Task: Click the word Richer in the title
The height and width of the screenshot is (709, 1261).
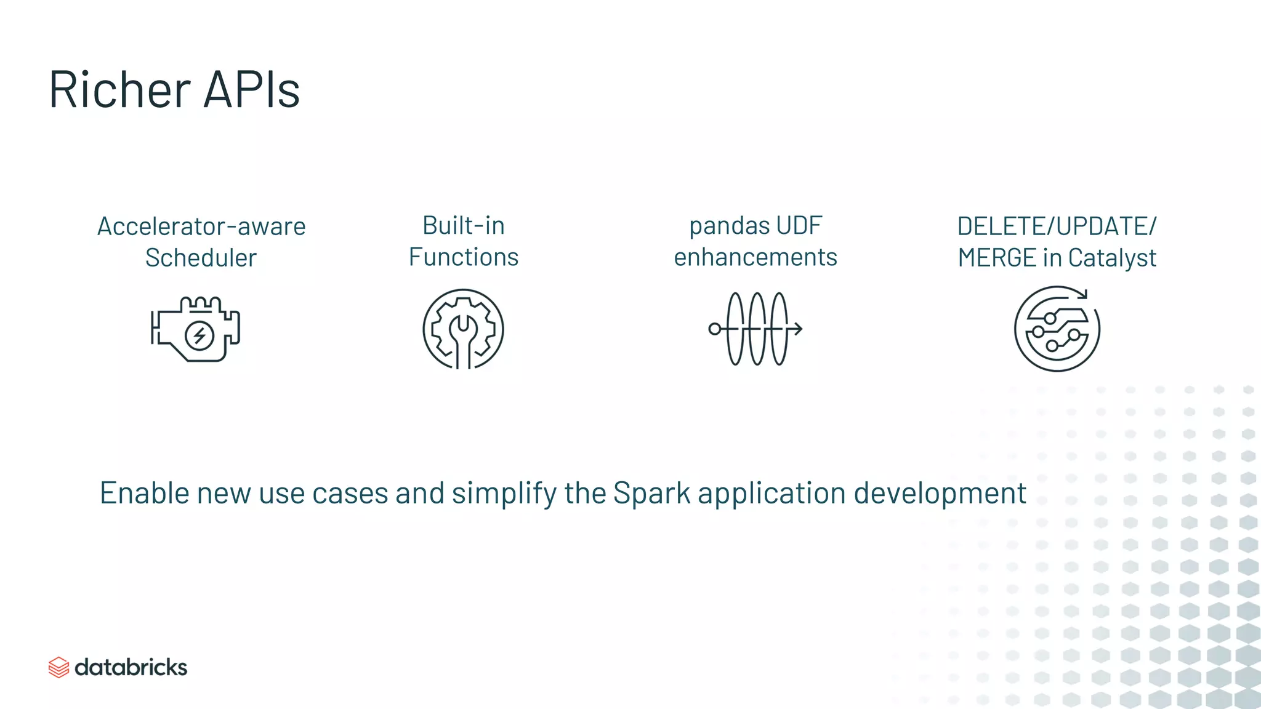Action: click(x=120, y=90)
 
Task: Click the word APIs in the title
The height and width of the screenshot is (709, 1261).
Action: click(x=251, y=90)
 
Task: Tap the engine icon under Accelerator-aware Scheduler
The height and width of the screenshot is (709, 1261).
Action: click(x=196, y=330)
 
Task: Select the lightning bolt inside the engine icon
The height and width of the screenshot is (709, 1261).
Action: click(x=199, y=335)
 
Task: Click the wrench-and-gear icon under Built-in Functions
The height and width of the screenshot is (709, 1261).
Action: click(x=463, y=329)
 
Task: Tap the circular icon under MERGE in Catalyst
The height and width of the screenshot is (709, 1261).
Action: click(x=1057, y=329)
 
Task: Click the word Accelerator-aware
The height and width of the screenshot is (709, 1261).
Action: click(x=201, y=226)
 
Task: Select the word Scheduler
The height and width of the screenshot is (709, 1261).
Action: click(x=201, y=258)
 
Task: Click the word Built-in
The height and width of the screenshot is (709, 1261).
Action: click(x=463, y=226)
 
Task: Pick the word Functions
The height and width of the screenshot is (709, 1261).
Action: click(x=463, y=257)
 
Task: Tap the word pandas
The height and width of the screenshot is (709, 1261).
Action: click(x=720, y=226)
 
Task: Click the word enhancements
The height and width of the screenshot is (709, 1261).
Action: click(x=755, y=257)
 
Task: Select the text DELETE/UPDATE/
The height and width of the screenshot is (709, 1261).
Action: click(x=1057, y=226)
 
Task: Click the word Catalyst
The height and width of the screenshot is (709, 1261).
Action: click(x=1112, y=258)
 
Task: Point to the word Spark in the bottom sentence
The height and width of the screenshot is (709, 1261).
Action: click(x=651, y=494)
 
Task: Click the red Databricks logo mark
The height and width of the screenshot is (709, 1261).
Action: click(x=58, y=667)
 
